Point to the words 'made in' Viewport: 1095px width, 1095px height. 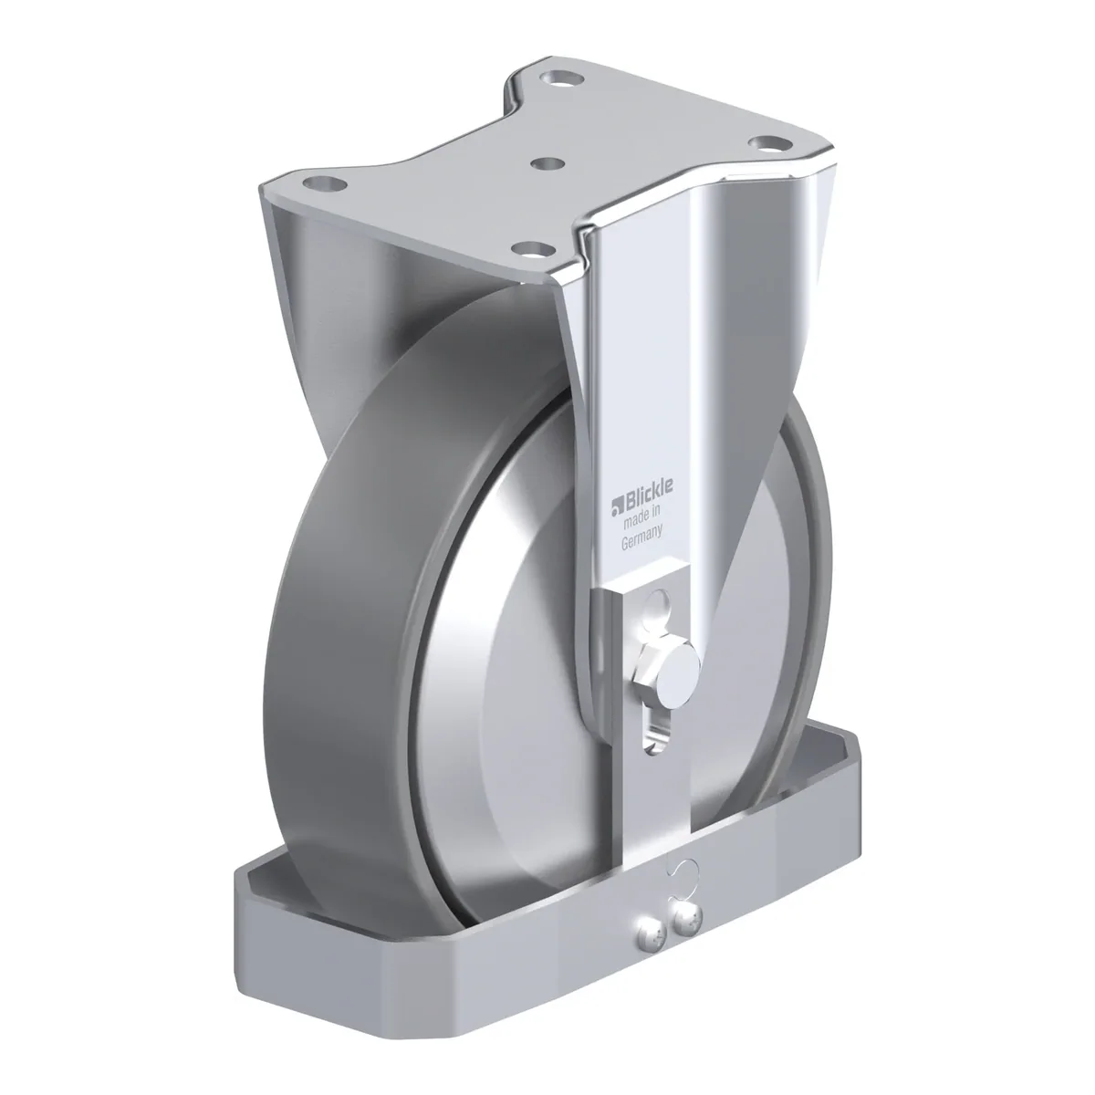tap(641, 516)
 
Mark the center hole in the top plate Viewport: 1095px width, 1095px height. tap(547, 164)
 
